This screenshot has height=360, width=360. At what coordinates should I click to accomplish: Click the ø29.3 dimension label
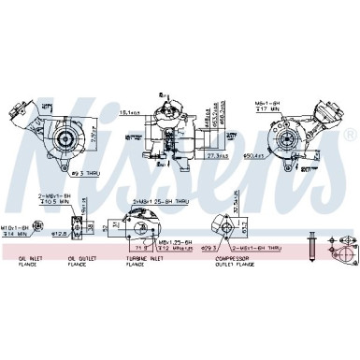(x=209, y=248)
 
